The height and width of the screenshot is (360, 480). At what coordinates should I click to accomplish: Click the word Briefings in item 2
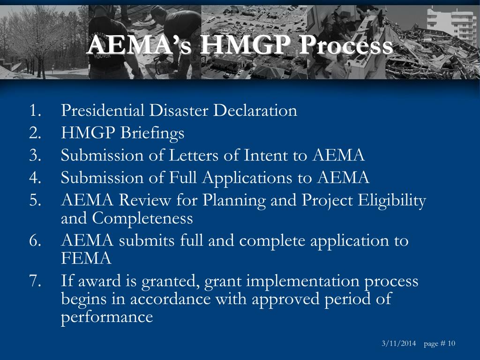(x=152, y=133)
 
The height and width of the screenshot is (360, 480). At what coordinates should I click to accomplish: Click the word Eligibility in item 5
(x=392, y=200)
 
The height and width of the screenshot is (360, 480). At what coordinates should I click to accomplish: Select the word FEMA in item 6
(x=86, y=258)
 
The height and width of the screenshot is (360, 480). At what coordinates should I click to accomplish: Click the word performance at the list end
(x=107, y=317)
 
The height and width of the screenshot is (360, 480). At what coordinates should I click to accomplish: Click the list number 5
(x=34, y=200)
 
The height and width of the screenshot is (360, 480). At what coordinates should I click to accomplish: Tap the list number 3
(x=34, y=155)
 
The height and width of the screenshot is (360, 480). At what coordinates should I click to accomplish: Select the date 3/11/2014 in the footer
(x=398, y=344)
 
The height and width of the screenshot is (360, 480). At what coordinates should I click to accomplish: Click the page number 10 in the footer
(x=451, y=344)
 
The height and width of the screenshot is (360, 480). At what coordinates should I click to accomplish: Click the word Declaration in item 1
(x=255, y=111)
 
